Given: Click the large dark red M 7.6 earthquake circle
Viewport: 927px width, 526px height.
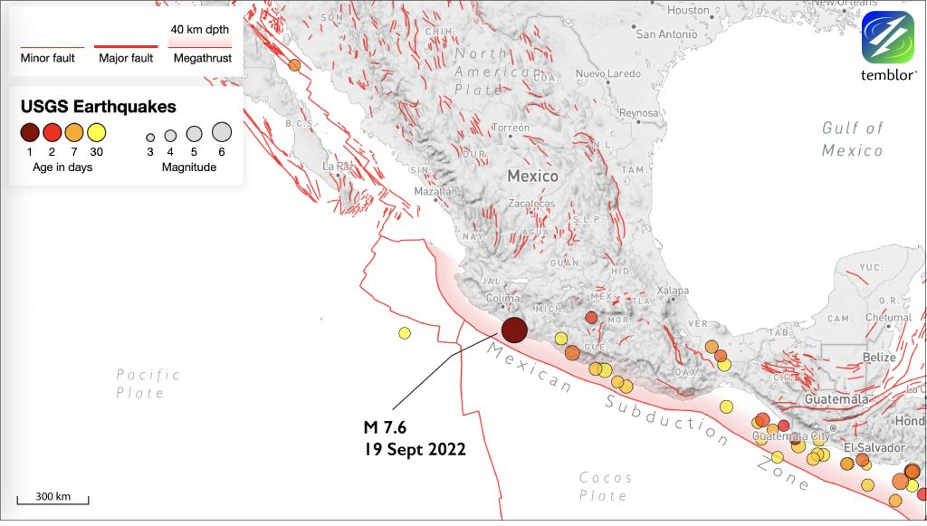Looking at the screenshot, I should click(x=514, y=330).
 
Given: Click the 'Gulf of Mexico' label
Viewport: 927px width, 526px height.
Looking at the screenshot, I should click(x=852, y=139).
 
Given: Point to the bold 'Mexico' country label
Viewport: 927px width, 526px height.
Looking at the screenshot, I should click(x=532, y=176).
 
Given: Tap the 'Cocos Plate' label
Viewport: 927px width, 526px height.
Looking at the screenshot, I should click(x=605, y=486).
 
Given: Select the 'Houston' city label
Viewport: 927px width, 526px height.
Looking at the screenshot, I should click(x=688, y=10).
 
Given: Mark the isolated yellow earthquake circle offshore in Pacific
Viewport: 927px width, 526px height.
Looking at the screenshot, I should click(x=405, y=333).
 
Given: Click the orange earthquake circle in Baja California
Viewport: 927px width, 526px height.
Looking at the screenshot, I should click(x=294, y=65).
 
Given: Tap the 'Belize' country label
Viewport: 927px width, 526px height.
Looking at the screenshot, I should click(x=878, y=357).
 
